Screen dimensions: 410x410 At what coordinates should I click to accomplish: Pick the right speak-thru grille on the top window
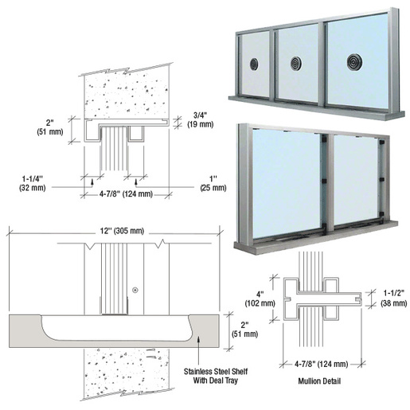tap(351, 60)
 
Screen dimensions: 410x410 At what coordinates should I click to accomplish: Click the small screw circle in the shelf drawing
tap(137, 288)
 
